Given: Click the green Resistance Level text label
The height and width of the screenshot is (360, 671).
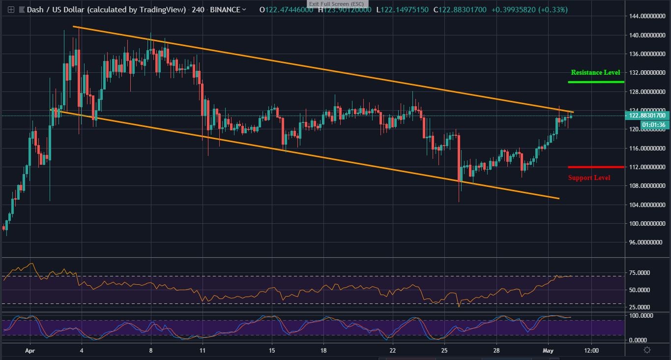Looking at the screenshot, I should click(x=595, y=72).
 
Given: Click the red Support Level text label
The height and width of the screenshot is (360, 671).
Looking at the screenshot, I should click(x=589, y=178).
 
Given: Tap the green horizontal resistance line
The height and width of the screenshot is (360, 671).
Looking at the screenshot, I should click(x=595, y=82).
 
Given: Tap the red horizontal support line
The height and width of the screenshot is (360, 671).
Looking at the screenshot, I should click(x=595, y=167).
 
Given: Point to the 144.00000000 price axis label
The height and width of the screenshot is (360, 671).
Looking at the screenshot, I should click(x=648, y=16).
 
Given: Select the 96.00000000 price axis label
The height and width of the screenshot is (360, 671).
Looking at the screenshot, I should click(x=648, y=242).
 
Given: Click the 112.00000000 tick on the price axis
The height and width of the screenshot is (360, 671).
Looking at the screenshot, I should click(x=648, y=167).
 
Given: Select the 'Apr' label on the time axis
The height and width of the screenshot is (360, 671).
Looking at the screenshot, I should click(x=30, y=351).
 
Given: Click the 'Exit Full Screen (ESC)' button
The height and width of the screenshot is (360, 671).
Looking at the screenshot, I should click(x=336, y=4).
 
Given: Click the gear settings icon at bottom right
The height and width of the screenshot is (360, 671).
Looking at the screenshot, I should click(x=647, y=350).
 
